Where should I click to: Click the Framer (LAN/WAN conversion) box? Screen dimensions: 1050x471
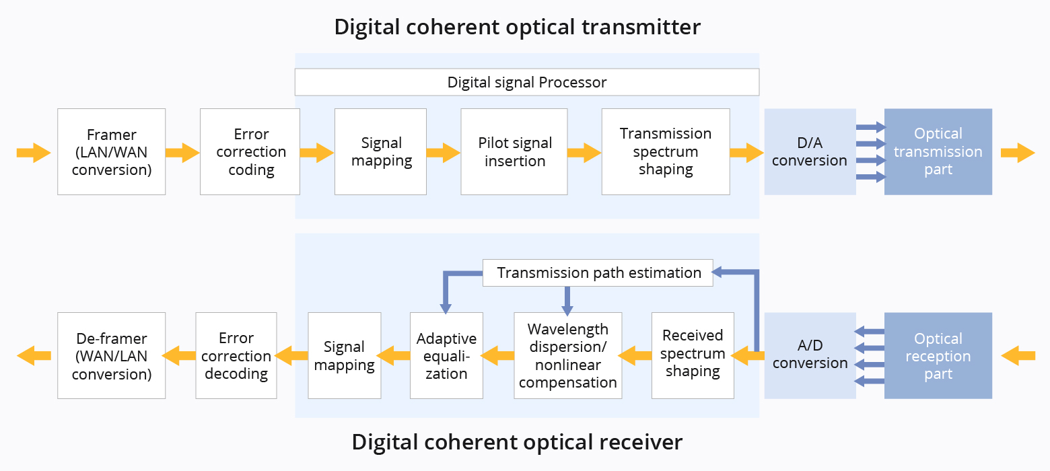pyautogui.click(x=112, y=152)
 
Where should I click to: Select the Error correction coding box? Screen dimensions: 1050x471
pyautogui.click(x=250, y=152)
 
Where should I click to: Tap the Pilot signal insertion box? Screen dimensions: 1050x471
pyautogui.click(x=514, y=152)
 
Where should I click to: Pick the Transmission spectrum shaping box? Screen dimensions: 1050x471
pyautogui.click(x=666, y=152)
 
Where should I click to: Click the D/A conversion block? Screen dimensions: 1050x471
pyautogui.click(x=810, y=152)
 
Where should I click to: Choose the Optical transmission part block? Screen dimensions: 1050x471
pyautogui.click(x=938, y=152)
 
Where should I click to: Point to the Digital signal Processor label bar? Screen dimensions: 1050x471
pyautogui.click(x=527, y=83)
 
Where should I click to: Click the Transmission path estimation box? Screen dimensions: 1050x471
pyautogui.click(x=598, y=273)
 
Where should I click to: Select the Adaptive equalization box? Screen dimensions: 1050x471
pyautogui.click(x=446, y=356)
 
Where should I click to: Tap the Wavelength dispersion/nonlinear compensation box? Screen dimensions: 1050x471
pyautogui.click(x=568, y=356)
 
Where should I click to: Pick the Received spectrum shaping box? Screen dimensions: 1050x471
pyautogui.click(x=693, y=356)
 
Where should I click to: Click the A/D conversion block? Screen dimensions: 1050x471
pyautogui.click(x=810, y=356)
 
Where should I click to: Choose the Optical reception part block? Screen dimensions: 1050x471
pyautogui.click(x=938, y=356)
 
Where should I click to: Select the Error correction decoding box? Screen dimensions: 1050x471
pyautogui.click(x=236, y=356)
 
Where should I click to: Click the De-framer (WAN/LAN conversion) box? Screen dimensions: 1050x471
pyautogui.click(x=112, y=356)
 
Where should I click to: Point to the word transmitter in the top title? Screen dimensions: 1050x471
pyautogui.click(x=641, y=27)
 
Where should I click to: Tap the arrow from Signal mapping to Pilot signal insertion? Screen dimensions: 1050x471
pyautogui.click(x=444, y=153)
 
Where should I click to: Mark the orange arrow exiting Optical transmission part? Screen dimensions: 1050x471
pyautogui.click(x=1018, y=153)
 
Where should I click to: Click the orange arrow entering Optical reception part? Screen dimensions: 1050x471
pyautogui.click(x=1018, y=356)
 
